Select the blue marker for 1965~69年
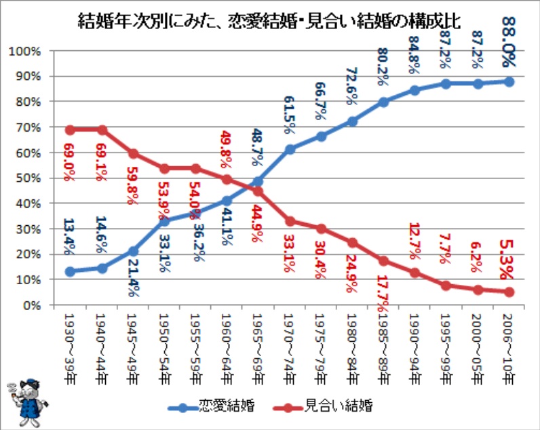[x=258, y=181]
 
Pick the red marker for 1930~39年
[x=70, y=130]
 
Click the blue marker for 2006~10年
[x=509, y=81]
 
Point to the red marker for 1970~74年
[x=290, y=221]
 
